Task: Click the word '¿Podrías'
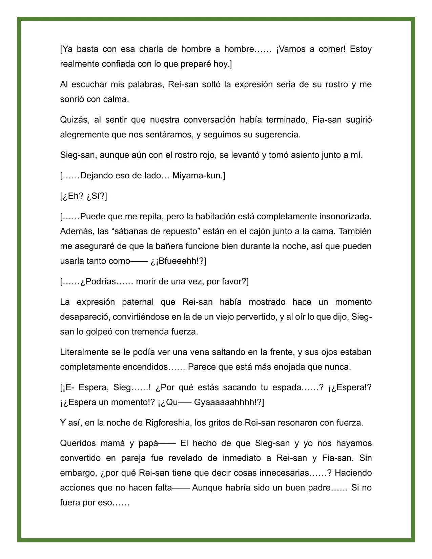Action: tap(98, 281)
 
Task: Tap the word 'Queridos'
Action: tap(77, 443)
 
